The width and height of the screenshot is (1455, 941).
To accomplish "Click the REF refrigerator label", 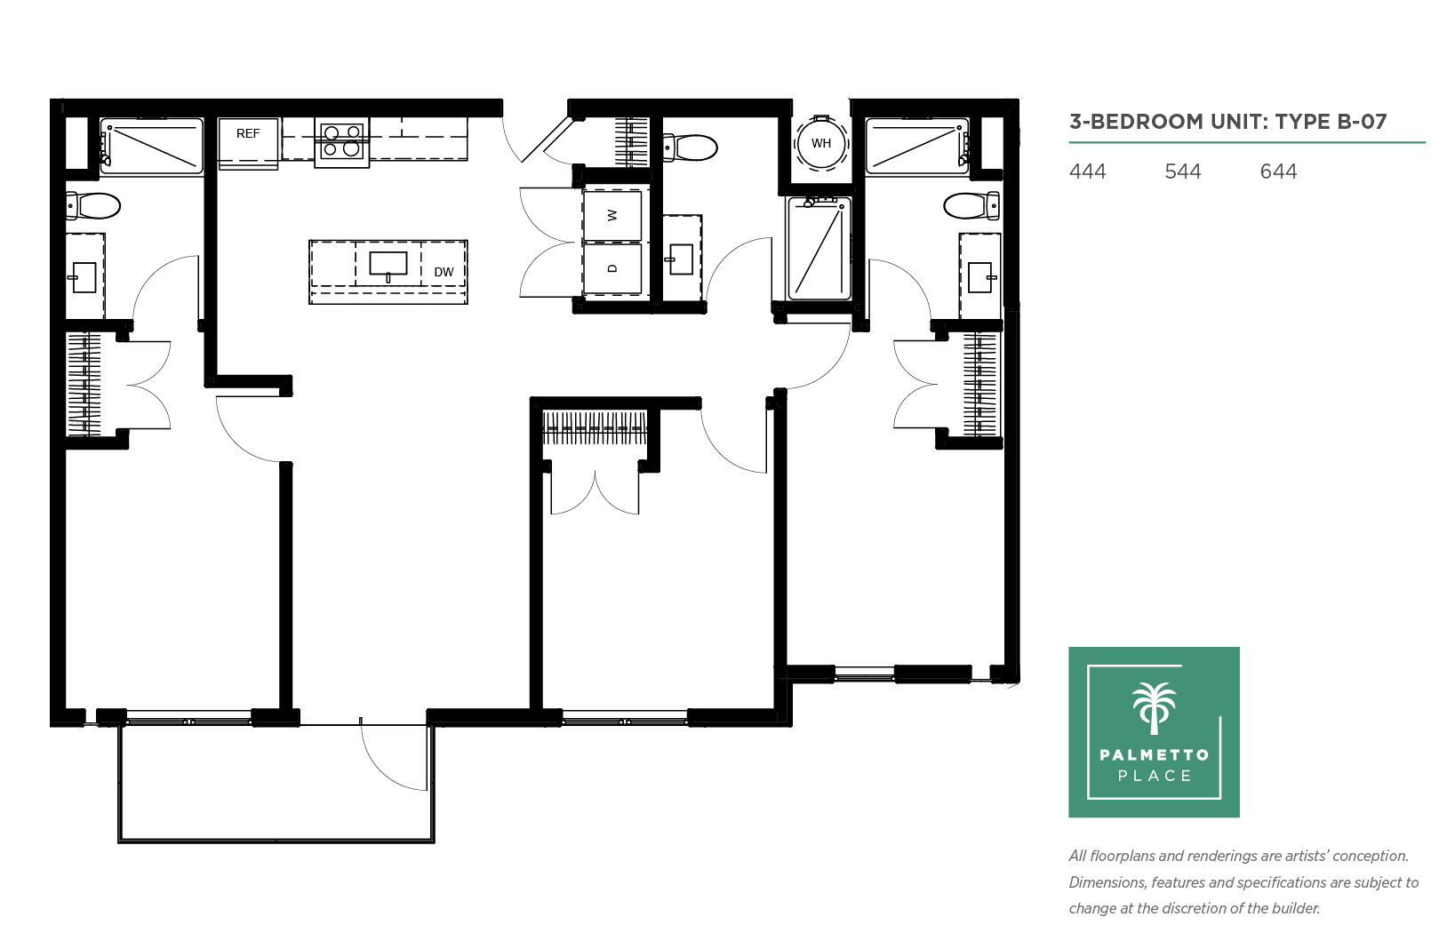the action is (248, 134).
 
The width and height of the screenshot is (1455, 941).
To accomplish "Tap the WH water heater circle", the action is (821, 144).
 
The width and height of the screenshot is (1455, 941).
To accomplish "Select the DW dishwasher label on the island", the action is (444, 272).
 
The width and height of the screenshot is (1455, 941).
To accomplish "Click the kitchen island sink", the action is (388, 265).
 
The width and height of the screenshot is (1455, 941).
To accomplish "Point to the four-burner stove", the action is (341, 142).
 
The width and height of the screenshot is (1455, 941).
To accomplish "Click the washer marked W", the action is (612, 215).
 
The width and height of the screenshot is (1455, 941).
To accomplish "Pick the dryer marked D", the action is (612, 268).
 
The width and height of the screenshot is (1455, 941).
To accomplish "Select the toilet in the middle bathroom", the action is (690, 148).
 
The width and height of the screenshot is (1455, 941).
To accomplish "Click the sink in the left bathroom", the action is (83, 278).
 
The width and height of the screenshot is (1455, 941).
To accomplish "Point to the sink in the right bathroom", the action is (982, 277).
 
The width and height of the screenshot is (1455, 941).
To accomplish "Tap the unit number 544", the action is (1183, 171).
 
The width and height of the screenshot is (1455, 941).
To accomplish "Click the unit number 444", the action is (1087, 171).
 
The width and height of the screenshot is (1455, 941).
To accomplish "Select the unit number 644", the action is (1278, 171).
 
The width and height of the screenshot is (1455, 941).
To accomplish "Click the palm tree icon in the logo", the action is (1155, 708).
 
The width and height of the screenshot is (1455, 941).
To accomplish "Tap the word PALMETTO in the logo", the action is (1155, 754).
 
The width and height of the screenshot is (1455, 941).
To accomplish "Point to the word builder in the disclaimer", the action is (1294, 908).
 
